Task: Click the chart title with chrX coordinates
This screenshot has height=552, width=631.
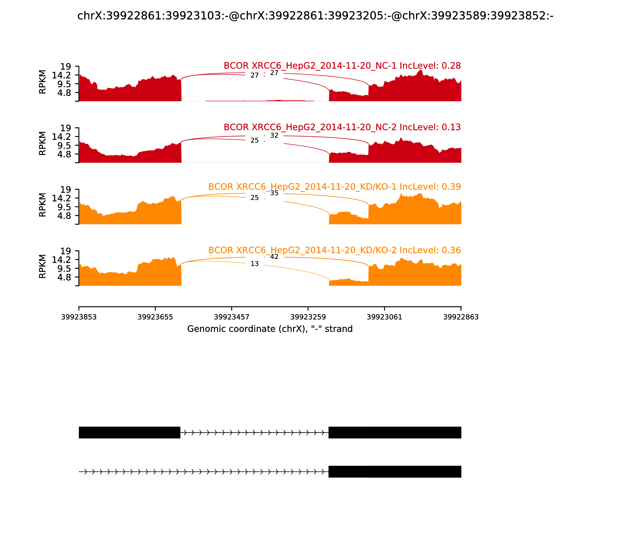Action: (x=315, y=16)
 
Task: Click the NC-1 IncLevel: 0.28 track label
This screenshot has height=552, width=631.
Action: (x=342, y=66)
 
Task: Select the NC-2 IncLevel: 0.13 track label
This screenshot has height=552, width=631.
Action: (x=342, y=127)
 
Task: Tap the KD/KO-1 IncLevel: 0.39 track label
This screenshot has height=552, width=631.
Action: (x=334, y=187)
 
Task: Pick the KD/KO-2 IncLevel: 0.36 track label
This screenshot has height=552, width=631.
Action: (x=334, y=250)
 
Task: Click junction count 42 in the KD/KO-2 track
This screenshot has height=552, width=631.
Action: (x=274, y=257)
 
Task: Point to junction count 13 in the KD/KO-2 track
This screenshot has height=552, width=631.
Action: (x=255, y=264)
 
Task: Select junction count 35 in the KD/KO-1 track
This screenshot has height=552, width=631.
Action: (x=274, y=193)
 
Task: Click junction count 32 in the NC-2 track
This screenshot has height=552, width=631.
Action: (x=274, y=136)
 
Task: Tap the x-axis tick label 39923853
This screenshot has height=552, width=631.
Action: (x=79, y=317)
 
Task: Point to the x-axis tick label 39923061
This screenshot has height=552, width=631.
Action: (x=384, y=317)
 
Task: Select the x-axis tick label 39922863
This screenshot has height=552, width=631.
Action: (x=461, y=317)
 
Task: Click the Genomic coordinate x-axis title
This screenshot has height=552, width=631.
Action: (x=270, y=329)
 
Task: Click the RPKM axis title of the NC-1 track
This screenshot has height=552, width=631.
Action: (x=43, y=82)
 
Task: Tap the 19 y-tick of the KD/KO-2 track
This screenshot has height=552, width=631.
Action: (x=65, y=251)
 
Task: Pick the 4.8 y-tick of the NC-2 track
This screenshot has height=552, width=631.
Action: (x=64, y=154)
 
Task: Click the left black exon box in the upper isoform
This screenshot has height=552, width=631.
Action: (x=129, y=433)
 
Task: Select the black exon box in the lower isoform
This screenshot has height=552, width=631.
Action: (x=395, y=472)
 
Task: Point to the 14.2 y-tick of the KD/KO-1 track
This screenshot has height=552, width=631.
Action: (x=61, y=198)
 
